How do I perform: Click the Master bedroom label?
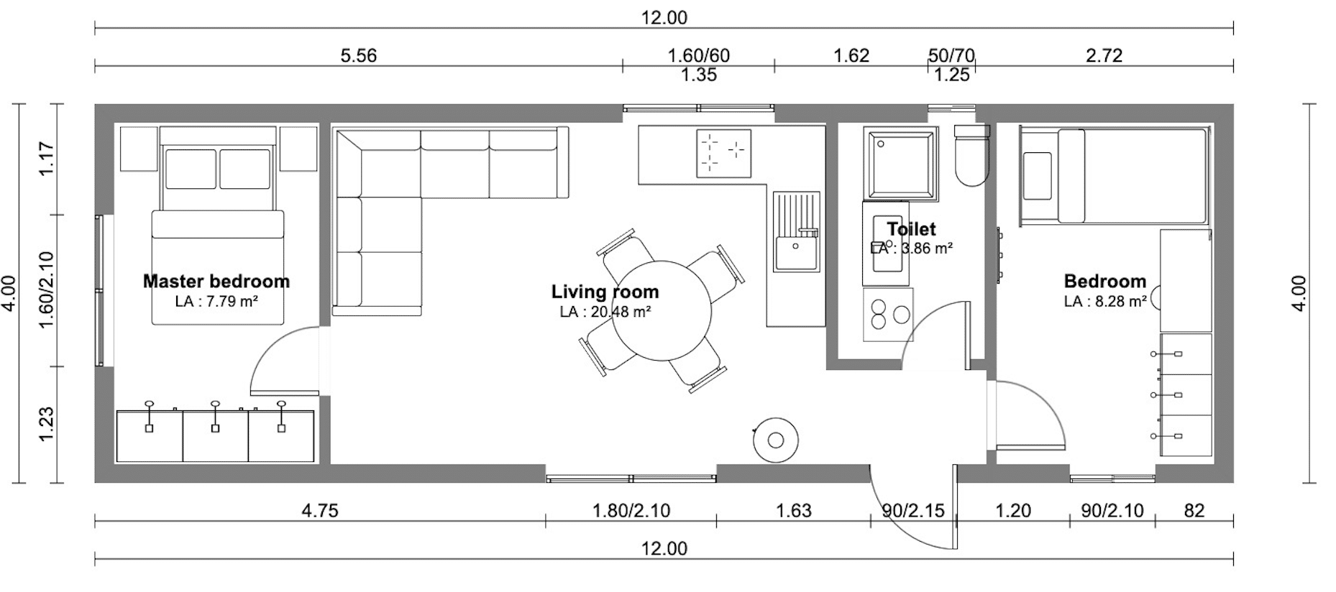tap(216, 281)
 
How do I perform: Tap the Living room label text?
tap(605, 292)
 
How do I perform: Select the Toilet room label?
tap(911, 229)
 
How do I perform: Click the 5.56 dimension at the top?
tap(358, 55)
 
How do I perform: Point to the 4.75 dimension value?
tap(320, 510)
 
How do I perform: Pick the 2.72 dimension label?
tap(1104, 55)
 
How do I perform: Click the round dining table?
tap(662, 311)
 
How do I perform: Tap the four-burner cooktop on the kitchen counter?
tap(723, 153)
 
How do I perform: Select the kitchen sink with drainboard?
tap(797, 231)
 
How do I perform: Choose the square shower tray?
tap(901, 163)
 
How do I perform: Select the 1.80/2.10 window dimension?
tap(631, 510)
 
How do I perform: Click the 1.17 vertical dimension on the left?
tap(46, 159)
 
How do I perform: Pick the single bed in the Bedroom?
tap(1113, 176)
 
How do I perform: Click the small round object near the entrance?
tap(775, 440)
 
